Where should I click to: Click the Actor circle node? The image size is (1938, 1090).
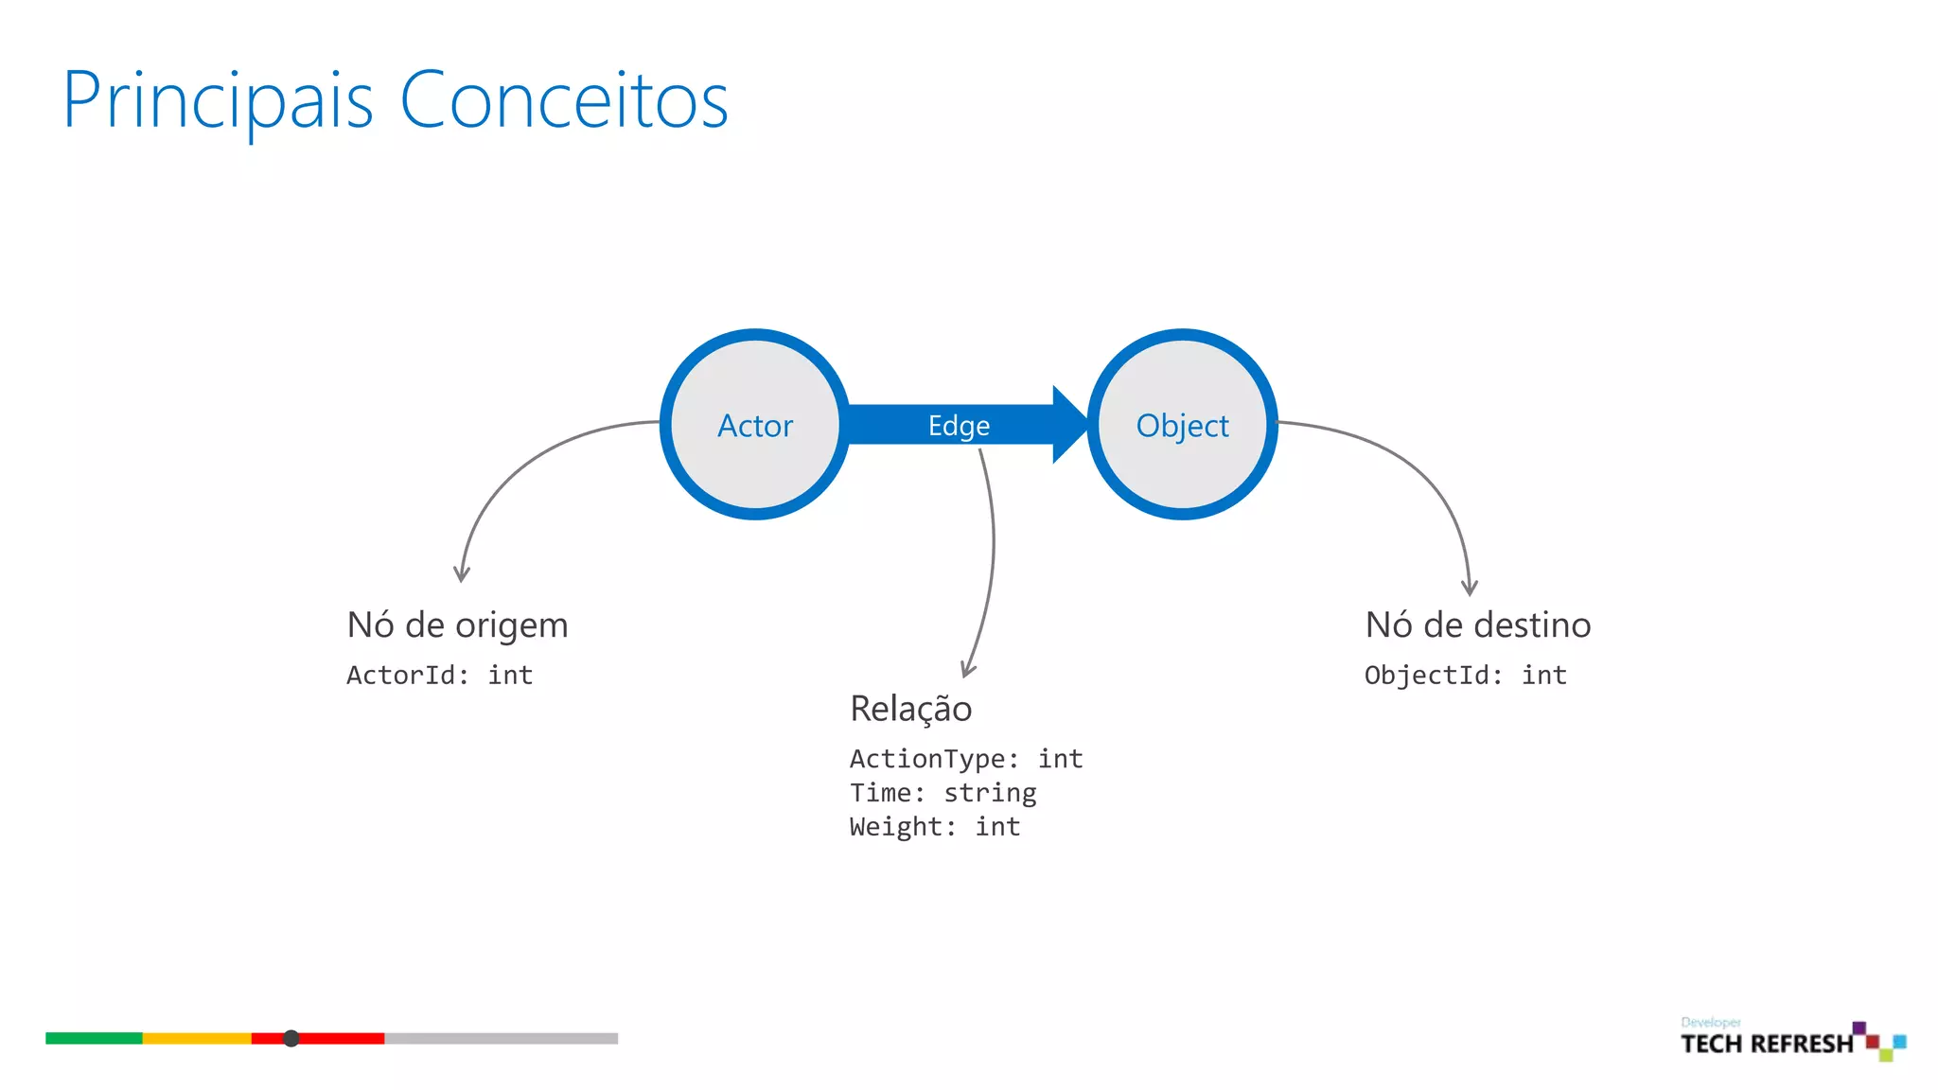(754, 425)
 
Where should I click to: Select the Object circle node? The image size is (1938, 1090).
(1182, 425)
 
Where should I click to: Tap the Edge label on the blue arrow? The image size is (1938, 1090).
(959, 426)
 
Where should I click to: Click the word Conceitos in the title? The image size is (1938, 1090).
(564, 100)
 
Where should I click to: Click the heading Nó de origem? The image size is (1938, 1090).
(457, 625)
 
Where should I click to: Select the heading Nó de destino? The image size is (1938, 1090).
(1477, 625)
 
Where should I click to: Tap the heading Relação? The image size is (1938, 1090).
(910, 709)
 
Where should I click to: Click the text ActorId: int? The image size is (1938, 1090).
(439, 676)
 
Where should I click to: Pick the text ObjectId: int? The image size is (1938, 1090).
(1465, 676)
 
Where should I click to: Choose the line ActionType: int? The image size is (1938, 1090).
(965, 759)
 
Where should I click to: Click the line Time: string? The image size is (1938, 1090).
(943, 793)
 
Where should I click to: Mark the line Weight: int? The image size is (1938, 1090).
(935, 827)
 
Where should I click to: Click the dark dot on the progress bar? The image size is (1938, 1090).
(291, 1038)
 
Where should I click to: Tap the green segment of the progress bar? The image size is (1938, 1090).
(94, 1038)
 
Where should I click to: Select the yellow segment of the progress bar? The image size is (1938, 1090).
(197, 1038)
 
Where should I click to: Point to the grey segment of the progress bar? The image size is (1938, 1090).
(501, 1038)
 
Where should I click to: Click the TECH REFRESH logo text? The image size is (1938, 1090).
(1767, 1044)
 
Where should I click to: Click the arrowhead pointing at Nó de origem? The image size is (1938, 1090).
(462, 574)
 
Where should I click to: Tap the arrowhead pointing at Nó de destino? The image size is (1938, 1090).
(1470, 588)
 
